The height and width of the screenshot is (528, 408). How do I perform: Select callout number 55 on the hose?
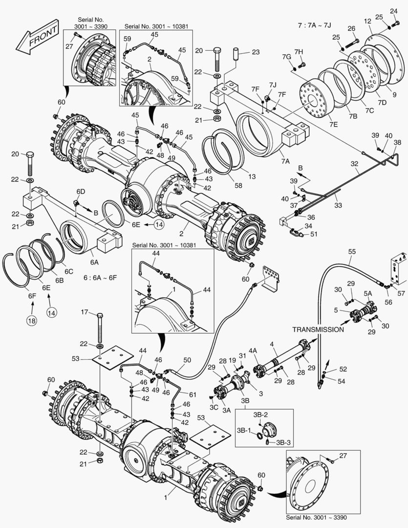pyautogui.click(x=352, y=252)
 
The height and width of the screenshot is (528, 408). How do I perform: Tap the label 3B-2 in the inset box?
pyautogui.click(x=260, y=414)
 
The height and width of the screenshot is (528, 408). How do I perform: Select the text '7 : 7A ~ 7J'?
pyautogui.click(x=315, y=24)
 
